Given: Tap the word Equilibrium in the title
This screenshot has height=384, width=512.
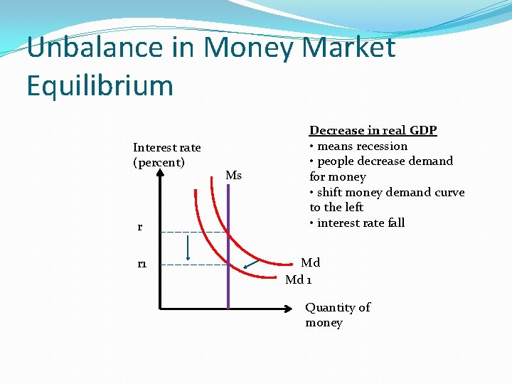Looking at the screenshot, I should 100,86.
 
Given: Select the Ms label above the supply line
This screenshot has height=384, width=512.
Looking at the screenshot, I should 233,176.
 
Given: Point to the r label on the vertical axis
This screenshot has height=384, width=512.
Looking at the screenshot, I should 139,228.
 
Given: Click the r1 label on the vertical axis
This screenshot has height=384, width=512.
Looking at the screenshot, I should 142,264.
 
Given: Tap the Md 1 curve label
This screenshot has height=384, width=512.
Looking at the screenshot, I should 298,279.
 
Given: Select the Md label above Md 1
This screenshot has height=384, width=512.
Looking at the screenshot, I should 310,263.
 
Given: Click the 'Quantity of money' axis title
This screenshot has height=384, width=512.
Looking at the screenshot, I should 338,314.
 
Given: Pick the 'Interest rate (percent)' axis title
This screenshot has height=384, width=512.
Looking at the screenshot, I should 166,155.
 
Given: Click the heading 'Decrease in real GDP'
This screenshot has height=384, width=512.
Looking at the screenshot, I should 373,130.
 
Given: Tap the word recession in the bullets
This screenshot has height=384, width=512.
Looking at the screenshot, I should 382,146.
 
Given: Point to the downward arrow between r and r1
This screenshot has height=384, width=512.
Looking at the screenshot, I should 187,248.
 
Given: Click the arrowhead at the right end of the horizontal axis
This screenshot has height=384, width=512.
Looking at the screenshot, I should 289,309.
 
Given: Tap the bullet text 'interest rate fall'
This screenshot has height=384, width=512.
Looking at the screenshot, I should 361,223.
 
